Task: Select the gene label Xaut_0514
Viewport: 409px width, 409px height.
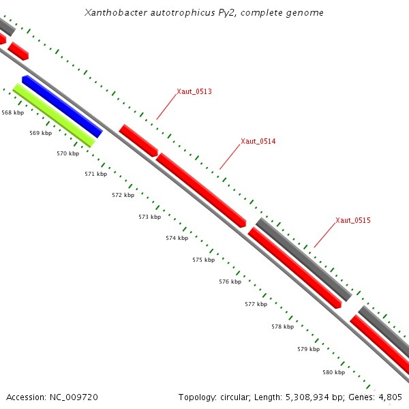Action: coord(258,142)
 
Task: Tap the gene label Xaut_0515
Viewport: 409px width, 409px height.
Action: coord(352,220)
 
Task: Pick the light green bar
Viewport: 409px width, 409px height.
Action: coord(53,115)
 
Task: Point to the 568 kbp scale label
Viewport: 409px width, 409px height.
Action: coord(12,112)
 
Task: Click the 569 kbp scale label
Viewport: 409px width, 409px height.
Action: coord(40,133)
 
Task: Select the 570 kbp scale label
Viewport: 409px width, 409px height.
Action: coord(67,153)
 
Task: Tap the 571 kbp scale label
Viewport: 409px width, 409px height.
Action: coord(95,174)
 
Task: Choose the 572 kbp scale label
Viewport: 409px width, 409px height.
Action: coord(123,195)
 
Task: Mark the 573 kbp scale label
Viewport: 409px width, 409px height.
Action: coord(149,217)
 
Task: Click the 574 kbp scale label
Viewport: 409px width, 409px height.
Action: coord(177,238)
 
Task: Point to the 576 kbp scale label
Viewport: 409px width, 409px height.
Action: coord(230,282)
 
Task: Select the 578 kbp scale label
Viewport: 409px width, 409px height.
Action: coord(282,327)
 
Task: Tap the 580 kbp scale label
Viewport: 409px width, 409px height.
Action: coord(333,372)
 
